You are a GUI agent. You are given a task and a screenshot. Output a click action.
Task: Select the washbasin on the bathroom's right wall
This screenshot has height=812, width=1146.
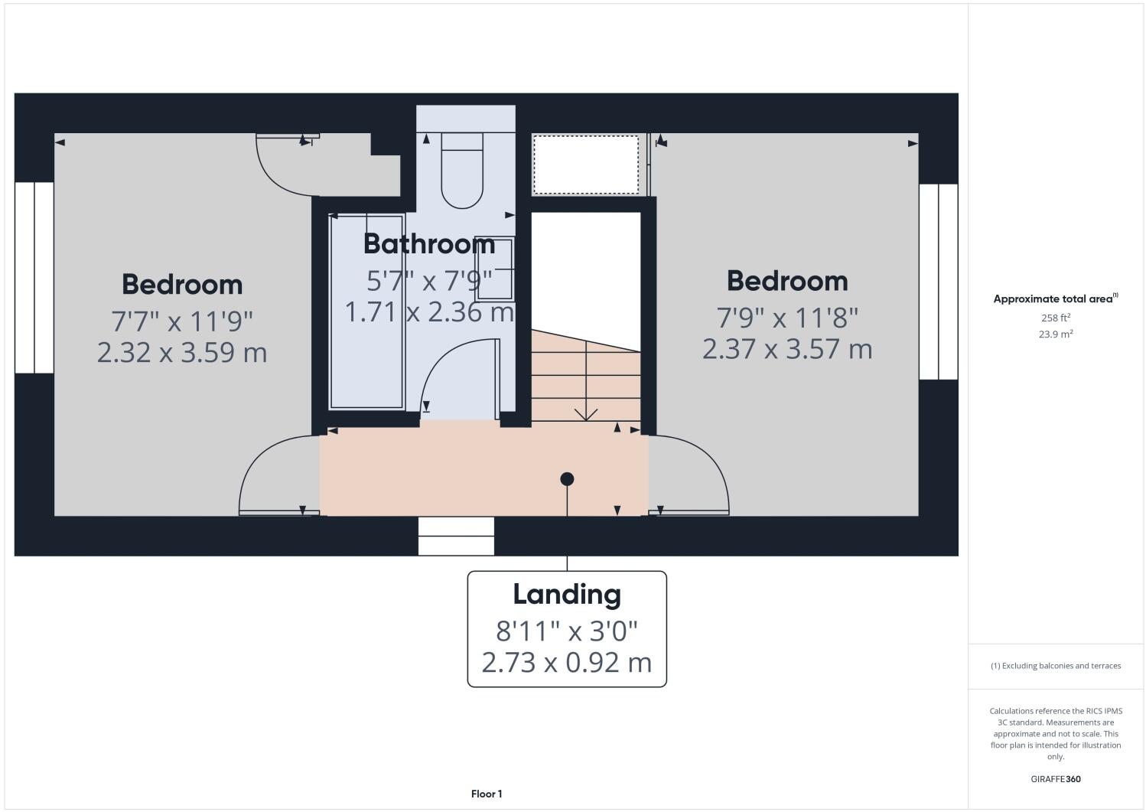[x=494, y=268]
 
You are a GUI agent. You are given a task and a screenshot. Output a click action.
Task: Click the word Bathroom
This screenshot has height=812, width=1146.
[x=429, y=244]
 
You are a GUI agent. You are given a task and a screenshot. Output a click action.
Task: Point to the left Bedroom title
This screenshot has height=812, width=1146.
[x=182, y=285]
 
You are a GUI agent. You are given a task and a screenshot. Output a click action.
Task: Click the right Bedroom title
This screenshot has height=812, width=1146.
[x=787, y=281]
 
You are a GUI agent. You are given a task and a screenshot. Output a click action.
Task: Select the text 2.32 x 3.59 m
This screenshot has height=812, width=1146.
[x=182, y=353]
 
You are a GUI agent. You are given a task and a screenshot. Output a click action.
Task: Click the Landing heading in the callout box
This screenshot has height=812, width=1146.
[x=567, y=595]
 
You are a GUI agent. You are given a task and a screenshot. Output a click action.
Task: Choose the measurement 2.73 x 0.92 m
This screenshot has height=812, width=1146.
[x=567, y=662]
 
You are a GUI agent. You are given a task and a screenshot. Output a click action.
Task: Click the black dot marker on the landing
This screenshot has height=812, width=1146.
[x=567, y=479]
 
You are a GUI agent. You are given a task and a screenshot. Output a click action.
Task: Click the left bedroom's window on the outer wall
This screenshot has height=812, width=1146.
[x=34, y=278]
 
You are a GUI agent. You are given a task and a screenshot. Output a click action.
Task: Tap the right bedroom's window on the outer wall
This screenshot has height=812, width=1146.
[x=938, y=282]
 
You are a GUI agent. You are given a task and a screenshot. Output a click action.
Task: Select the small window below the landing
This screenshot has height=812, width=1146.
[x=456, y=536]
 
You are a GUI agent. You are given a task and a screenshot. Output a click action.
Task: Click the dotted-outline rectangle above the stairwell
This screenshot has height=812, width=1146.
[x=586, y=165]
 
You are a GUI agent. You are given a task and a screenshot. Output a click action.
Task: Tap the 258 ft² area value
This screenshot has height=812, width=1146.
[x=1055, y=318]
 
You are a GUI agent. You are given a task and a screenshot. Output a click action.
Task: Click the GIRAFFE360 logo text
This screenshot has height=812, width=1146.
[x=1056, y=780]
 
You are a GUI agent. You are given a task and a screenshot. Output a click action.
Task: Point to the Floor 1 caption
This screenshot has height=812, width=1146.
[x=487, y=794]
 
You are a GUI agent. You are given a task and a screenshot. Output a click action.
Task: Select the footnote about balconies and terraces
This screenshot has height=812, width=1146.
[x=1056, y=666]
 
